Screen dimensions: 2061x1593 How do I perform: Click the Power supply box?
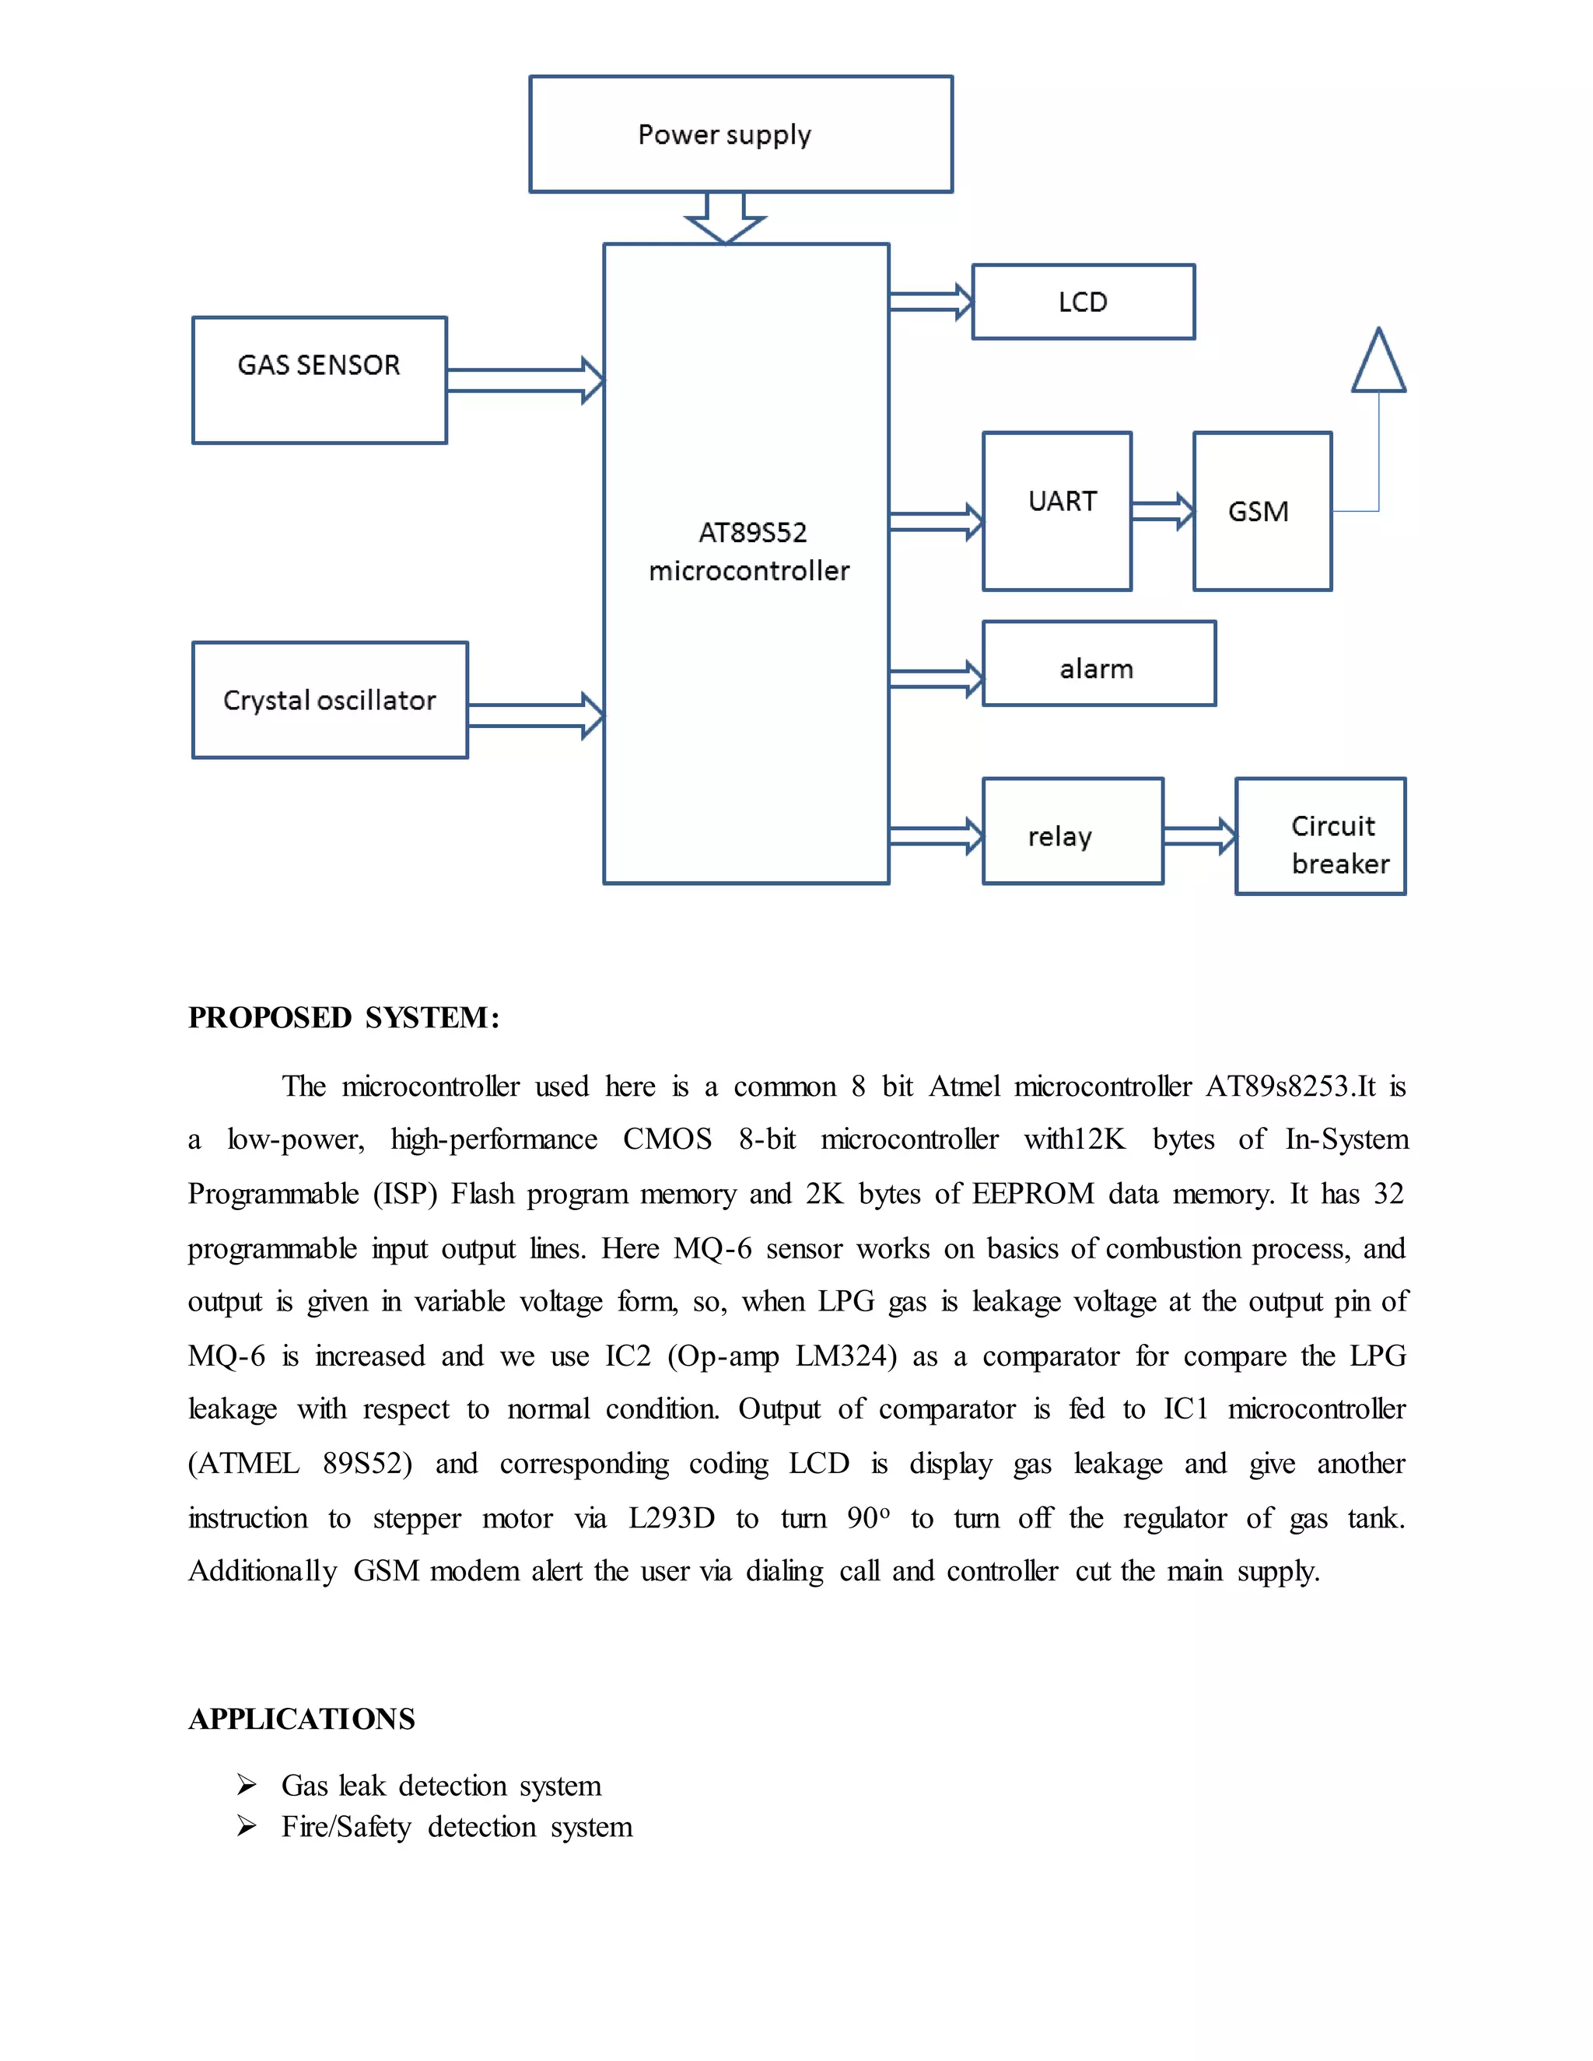(740, 134)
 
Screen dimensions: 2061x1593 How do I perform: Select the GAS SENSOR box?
(319, 380)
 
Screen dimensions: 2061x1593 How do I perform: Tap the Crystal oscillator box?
(329, 700)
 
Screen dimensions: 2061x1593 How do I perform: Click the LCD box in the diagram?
(1084, 302)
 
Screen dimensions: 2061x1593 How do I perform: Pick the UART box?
(1057, 512)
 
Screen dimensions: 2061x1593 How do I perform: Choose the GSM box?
(1262, 512)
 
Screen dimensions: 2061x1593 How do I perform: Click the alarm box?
(1098, 663)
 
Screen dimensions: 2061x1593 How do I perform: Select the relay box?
(1072, 831)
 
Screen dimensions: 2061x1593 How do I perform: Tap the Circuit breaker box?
(1320, 836)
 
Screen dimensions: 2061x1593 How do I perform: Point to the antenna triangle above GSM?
(1378, 363)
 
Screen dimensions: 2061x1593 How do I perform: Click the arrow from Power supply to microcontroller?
(725, 218)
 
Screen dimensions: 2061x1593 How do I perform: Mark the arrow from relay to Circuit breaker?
(1199, 836)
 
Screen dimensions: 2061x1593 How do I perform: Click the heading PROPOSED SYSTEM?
(344, 1017)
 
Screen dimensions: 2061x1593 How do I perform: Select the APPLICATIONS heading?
(302, 1719)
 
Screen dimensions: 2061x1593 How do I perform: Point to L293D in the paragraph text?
(671, 1518)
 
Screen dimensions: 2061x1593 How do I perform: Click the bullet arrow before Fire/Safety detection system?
(247, 1827)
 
